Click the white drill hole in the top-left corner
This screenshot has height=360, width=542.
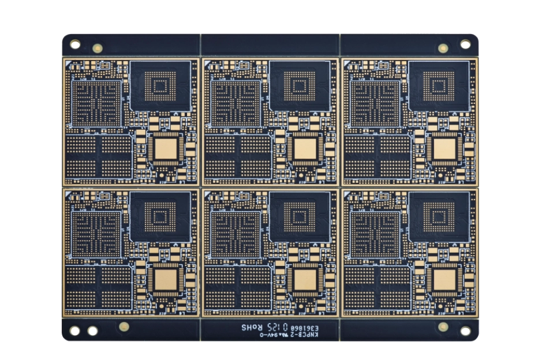pyautogui.click(x=75, y=44)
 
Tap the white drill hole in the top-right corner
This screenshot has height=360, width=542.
pyautogui.click(x=465, y=44)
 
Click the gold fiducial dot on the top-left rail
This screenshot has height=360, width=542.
pyautogui.click(x=98, y=48)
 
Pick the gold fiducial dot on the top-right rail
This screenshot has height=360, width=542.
pyautogui.click(x=443, y=48)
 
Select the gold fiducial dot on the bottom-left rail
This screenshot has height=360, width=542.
pyautogui.click(x=123, y=326)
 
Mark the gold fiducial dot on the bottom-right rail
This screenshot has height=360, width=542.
pyautogui.click(x=443, y=327)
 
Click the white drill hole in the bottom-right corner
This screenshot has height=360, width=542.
pyautogui.click(x=465, y=331)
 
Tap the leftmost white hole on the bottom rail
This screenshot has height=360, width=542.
pyautogui.click(x=74, y=331)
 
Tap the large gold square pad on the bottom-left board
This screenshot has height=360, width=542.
pyautogui.click(x=165, y=280)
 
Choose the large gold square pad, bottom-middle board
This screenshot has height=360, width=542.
pyautogui.click(x=304, y=280)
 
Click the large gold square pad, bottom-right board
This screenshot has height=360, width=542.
pyautogui.click(x=444, y=280)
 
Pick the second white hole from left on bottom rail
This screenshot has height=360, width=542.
pyautogui.click(x=92, y=331)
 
